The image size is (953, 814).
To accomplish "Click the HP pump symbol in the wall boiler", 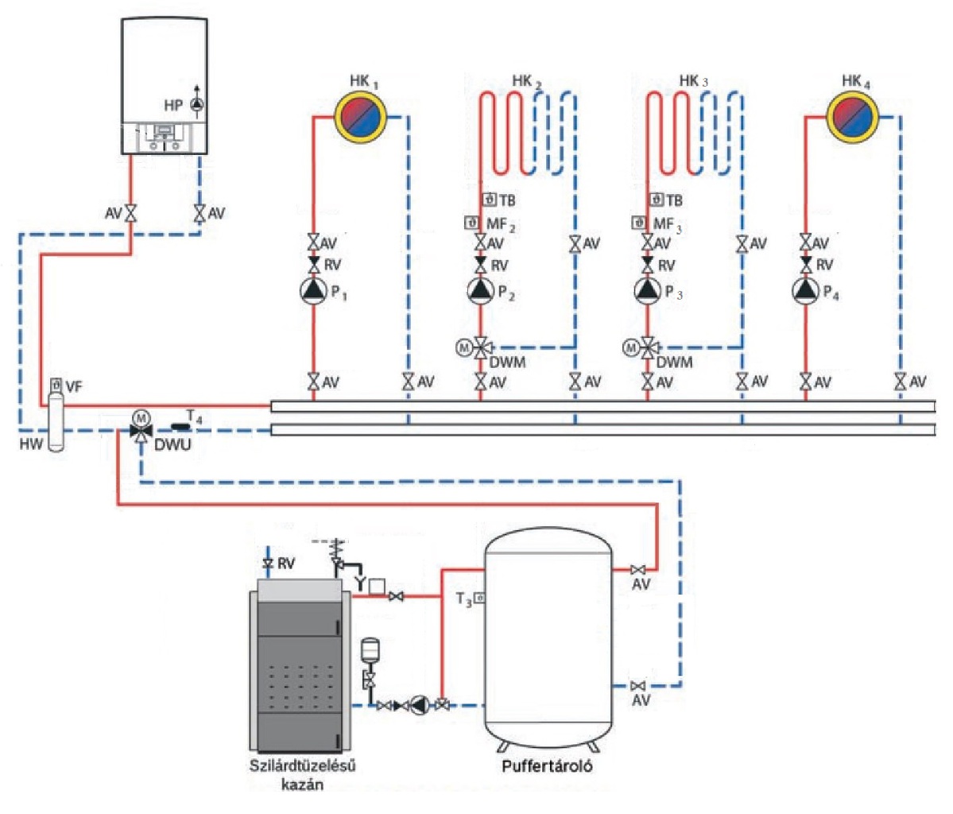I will point(196,104).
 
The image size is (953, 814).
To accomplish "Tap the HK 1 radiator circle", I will point(360,117).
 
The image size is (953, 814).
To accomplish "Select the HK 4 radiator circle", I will point(853,117).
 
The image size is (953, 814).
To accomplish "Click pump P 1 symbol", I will point(313,292).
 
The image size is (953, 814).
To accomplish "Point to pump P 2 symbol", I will point(480,292).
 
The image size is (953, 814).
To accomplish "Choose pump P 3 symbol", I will point(648,292).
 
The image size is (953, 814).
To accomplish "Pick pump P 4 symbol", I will point(806,292).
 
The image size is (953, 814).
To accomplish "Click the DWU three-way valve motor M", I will point(141,416).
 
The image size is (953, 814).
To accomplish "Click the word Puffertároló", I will point(548,767).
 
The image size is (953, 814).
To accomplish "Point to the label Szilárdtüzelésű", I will point(301,767).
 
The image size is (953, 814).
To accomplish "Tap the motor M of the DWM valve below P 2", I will point(463,347).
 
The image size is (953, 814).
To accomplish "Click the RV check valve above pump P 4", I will point(806,264).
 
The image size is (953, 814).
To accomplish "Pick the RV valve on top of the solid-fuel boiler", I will point(268,564).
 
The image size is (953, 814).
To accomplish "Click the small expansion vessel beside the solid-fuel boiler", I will point(369,649).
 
